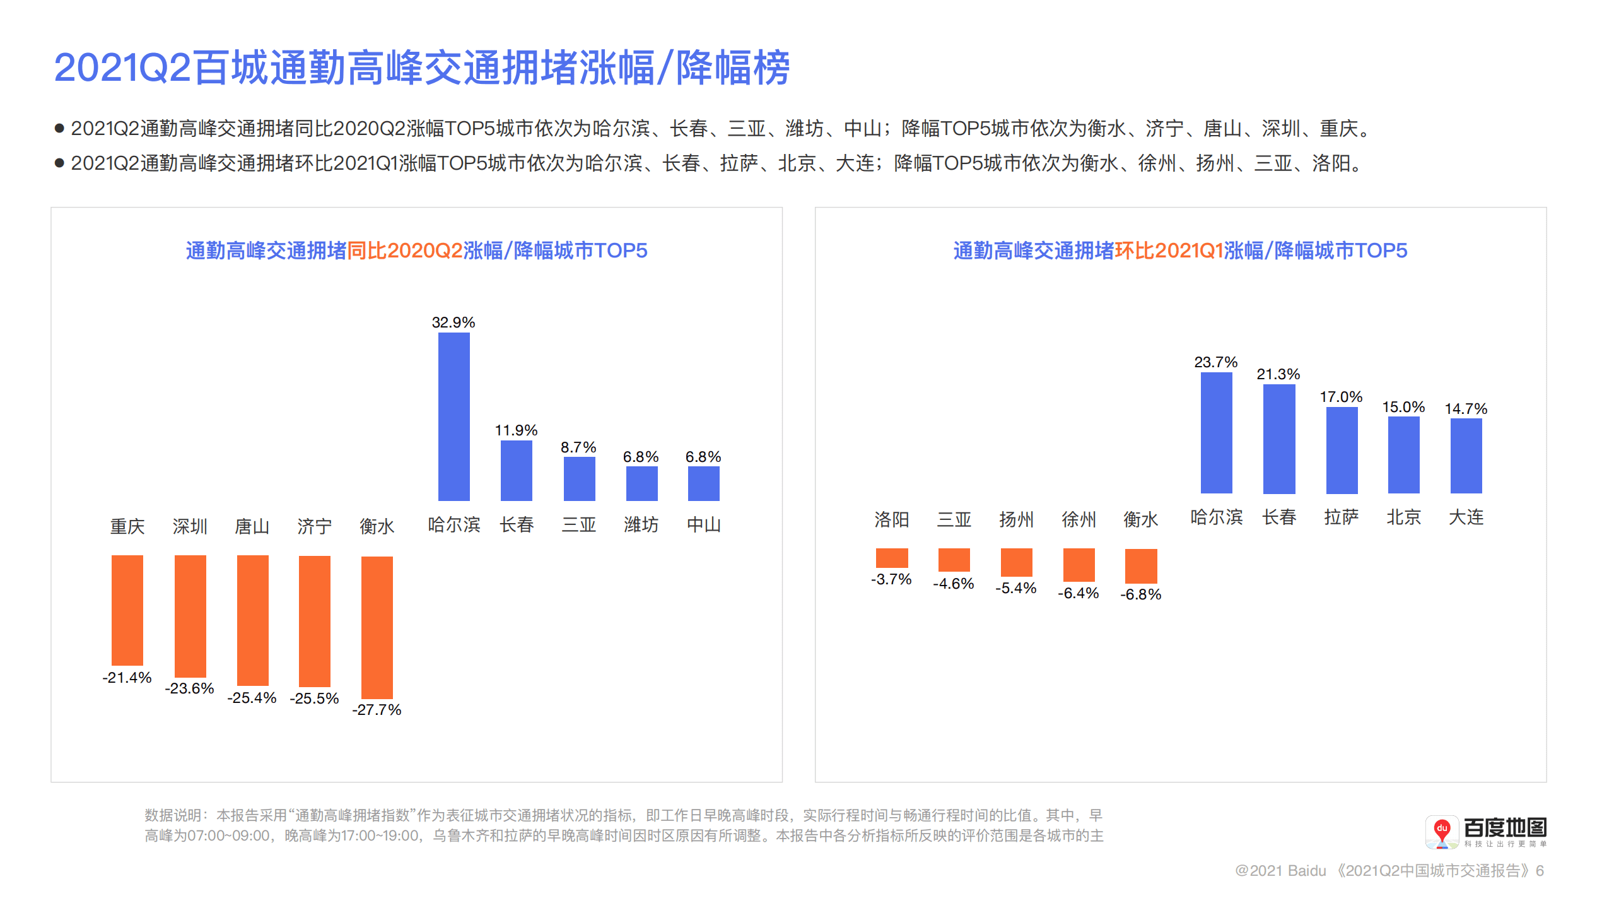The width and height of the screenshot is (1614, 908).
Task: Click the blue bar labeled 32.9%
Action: pyautogui.click(x=453, y=416)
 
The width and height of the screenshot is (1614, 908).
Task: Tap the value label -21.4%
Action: pyautogui.click(x=127, y=678)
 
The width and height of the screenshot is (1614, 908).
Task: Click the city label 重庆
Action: pyautogui.click(x=127, y=526)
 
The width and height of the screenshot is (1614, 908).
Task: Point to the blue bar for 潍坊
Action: pyautogui.click(x=641, y=483)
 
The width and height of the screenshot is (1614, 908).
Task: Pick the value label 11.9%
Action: pyautogui.click(x=516, y=430)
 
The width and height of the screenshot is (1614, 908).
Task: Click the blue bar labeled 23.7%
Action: pyautogui.click(x=1215, y=433)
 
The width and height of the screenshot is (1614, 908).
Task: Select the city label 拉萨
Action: pyautogui.click(x=1341, y=517)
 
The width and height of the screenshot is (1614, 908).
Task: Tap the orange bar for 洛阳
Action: pyautogui.click(x=891, y=558)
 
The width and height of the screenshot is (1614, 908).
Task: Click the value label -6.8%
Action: pyautogui.click(x=1140, y=594)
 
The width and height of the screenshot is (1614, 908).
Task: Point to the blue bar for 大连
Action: pyautogui.click(x=1465, y=456)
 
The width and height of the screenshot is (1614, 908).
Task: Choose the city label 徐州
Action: pyautogui.click(x=1078, y=519)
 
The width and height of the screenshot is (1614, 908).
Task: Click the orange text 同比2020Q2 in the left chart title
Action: pyautogui.click(x=404, y=251)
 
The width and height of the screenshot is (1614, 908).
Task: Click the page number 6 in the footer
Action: pyautogui.click(x=1540, y=871)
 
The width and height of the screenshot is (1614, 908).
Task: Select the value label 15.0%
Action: pyautogui.click(x=1403, y=407)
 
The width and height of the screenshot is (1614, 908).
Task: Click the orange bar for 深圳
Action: pyautogui.click(x=190, y=616)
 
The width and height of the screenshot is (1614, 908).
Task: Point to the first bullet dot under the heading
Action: pyautogui.click(x=59, y=129)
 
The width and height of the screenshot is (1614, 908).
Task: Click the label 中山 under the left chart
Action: pyautogui.click(x=703, y=524)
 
